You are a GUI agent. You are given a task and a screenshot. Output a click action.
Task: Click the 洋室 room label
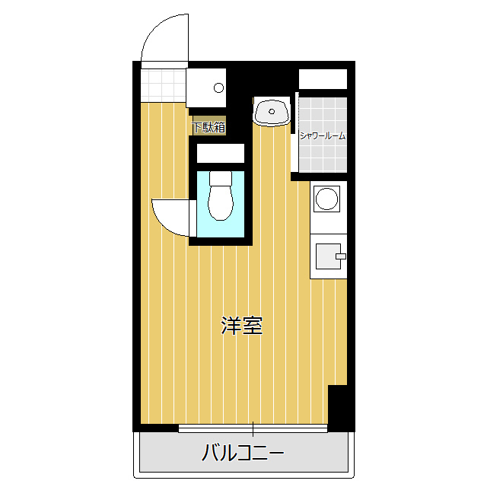242,326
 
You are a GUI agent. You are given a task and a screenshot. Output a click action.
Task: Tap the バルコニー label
243,454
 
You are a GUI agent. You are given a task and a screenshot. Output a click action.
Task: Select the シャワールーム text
322,136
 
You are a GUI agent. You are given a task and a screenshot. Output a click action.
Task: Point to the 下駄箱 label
208,127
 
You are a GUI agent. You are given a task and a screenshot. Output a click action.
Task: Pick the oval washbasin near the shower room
272,113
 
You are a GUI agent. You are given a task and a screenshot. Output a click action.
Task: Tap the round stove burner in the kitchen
328,199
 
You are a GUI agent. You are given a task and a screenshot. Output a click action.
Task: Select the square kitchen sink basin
327,256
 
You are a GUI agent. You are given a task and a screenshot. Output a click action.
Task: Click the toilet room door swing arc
169,218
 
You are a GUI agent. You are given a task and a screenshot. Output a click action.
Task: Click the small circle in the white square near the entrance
219,85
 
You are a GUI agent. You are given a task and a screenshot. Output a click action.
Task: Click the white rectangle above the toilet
220,153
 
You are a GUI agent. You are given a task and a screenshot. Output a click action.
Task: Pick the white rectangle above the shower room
323,79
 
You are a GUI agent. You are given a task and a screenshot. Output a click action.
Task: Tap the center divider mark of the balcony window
253,428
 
